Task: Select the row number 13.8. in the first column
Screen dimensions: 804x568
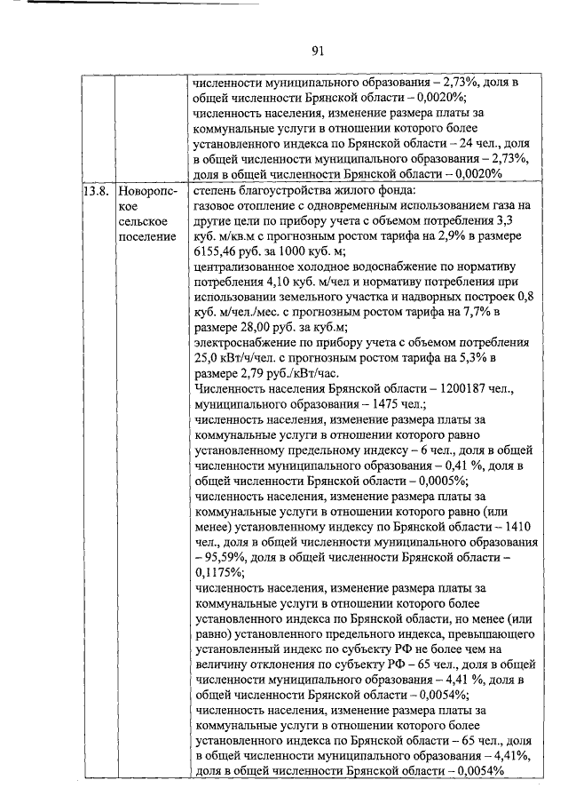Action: pos(96,191)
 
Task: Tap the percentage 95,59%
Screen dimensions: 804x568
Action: pos(222,556)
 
